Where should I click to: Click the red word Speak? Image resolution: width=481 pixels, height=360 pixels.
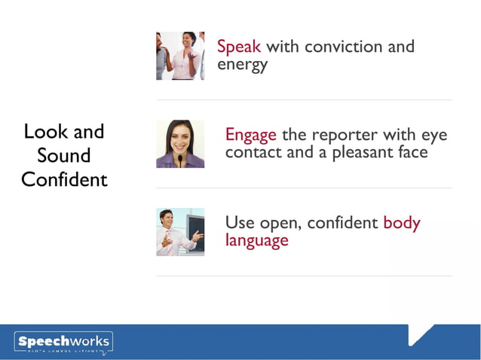pyautogui.click(x=239, y=47)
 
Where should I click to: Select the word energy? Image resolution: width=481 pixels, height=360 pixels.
pyautogui.click(x=242, y=65)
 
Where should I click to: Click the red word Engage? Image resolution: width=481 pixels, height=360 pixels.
pyautogui.click(x=251, y=136)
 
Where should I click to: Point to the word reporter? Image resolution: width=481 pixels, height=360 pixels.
pyautogui.click(x=348, y=136)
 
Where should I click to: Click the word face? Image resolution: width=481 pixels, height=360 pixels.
pyautogui.click(x=411, y=152)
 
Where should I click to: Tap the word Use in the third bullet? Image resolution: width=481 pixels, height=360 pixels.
pyautogui.click(x=240, y=223)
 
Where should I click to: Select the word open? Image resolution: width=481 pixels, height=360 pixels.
pyautogui.click(x=279, y=224)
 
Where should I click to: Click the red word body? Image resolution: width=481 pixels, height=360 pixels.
pyautogui.click(x=402, y=223)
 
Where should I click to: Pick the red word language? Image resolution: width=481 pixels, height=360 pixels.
pyautogui.click(x=256, y=241)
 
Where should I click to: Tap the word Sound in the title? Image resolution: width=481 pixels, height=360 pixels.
pyautogui.click(x=64, y=156)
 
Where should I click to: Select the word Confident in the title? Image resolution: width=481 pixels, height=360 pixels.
pyautogui.click(x=64, y=180)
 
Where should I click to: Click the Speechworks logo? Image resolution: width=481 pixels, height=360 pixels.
pyautogui.click(x=63, y=343)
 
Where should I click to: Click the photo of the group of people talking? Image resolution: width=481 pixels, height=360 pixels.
pyautogui.click(x=180, y=56)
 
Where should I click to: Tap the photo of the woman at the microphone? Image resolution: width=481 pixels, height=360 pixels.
pyautogui.click(x=180, y=144)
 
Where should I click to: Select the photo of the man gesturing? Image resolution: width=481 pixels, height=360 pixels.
pyautogui.click(x=180, y=232)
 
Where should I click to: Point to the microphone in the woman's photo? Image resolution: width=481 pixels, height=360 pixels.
pyautogui.click(x=180, y=160)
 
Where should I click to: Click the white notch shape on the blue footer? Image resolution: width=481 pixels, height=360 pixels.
pyautogui.click(x=419, y=332)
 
